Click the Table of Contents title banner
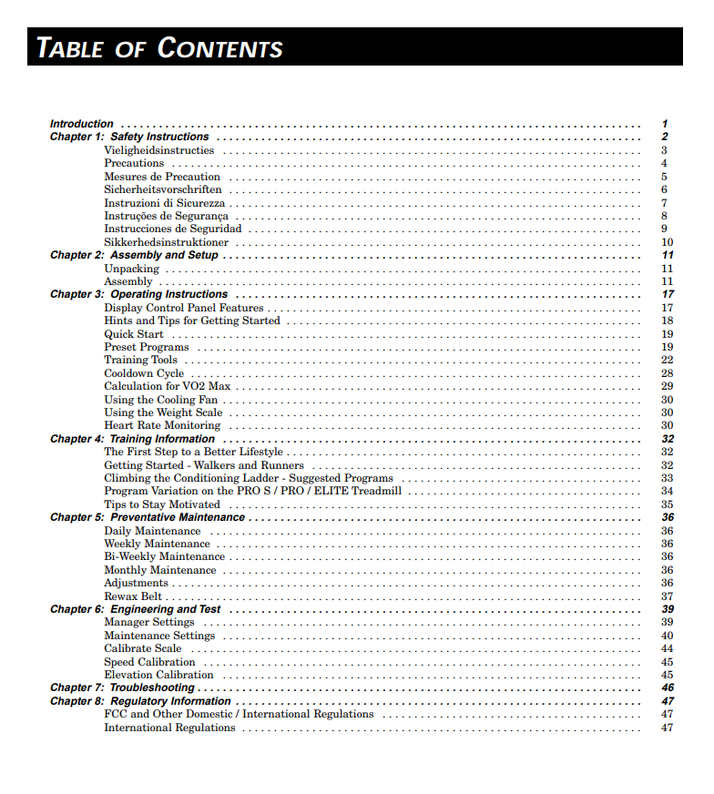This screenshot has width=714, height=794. [x=159, y=47]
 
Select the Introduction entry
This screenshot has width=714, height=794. [x=82, y=124]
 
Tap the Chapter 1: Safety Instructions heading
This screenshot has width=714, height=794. [x=129, y=137]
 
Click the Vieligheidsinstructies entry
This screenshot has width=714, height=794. [x=159, y=150]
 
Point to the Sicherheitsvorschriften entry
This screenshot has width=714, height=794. [x=163, y=189]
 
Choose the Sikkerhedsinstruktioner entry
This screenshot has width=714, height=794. [x=167, y=242]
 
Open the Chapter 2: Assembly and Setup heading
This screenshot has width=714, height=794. [x=134, y=256]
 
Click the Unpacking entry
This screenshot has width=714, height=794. [x=131, y=269]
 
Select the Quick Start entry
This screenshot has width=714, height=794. [x=134, y=334]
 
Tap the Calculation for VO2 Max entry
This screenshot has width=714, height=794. [x=167, y=387]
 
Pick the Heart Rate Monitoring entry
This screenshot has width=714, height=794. [x=162, y=426]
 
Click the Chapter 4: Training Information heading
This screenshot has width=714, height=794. [x=132, y=439]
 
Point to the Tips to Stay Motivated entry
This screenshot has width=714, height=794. [x=162, y=504]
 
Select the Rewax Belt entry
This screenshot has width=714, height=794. [x=133, y=596]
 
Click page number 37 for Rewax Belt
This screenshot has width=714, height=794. [x=667, y=596]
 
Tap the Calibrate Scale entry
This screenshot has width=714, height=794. [x=143, y=648]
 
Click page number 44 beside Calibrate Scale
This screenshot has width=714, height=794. [x=667, y=648]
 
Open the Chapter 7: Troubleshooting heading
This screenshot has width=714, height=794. [x=122, y=688]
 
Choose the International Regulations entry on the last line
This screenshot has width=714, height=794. [x=169, y=728]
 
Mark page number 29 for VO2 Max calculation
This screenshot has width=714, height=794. [x=667, y=387]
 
